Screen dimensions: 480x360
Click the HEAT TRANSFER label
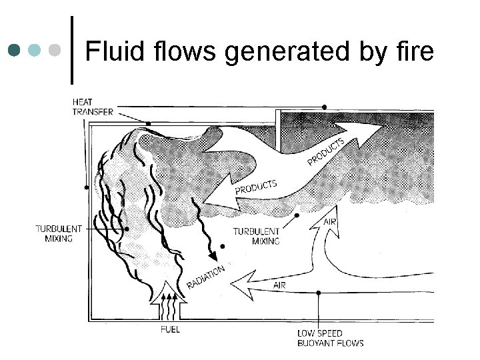[x=92, y=107]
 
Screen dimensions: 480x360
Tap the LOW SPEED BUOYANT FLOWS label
[x=330, y=338]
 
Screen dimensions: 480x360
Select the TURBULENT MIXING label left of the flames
[x=59, y=233]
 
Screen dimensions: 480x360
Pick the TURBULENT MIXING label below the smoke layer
[x=256, y=236]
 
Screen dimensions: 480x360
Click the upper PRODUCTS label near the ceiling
[x=326, y=151]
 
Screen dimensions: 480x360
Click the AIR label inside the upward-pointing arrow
[x=329, y=221]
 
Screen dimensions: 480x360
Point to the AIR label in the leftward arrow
[x=280, y=285]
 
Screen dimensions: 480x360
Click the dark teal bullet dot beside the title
[x=15, y=50]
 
